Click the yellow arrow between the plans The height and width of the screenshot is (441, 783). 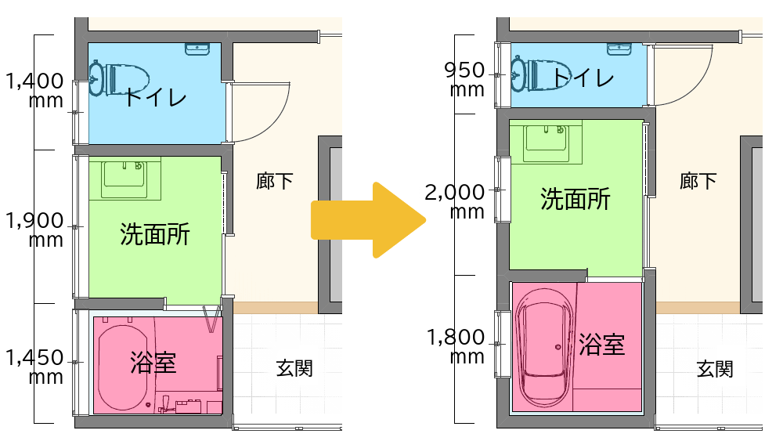click(369, 220)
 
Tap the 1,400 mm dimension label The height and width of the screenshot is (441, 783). click(34, 90)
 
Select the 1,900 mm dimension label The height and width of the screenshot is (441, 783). click(34, 230)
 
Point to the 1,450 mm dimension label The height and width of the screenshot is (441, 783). click(34, 367)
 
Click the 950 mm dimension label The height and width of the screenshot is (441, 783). click(465, 79)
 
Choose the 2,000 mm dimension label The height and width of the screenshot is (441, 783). click(455, 201)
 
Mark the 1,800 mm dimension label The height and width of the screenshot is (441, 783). click(456, 346)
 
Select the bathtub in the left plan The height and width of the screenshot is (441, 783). click(123, 367)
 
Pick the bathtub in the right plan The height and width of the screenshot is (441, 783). click(544, 348)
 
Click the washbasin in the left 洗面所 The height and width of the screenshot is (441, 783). click(124, 179)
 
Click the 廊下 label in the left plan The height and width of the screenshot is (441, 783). click(274, 181)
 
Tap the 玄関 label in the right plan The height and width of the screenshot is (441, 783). click(715, 369)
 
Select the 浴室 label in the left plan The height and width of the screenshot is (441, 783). click(153, 362)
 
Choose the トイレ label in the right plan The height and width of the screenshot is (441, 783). click(583, 78)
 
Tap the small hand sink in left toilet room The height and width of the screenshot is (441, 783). click(197, 49)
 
